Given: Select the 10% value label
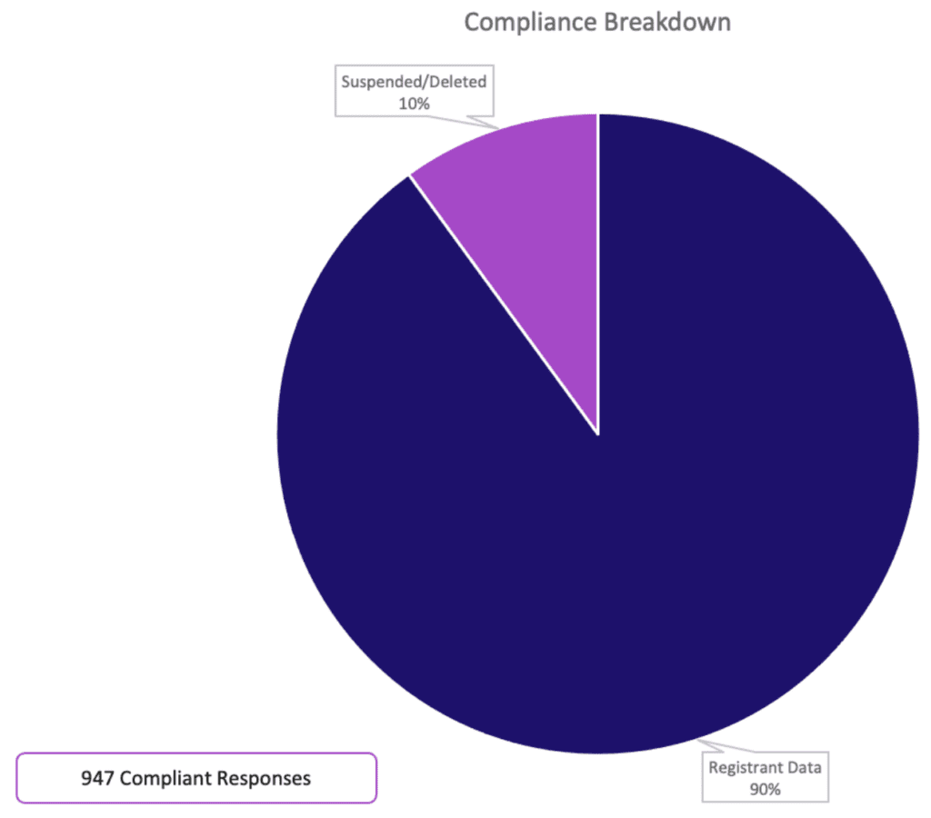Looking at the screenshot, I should point(414,104).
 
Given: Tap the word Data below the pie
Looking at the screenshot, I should point(804,767).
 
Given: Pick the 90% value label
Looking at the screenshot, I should point(766,789).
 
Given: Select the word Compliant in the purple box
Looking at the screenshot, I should point(165,778).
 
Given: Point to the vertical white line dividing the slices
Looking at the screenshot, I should point(597,273).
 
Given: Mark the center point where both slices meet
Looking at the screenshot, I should point(597,434).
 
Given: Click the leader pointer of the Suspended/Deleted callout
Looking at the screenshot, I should point(482,121).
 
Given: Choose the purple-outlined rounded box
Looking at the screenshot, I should point(196,778).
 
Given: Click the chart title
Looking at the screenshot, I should point(597,22).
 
